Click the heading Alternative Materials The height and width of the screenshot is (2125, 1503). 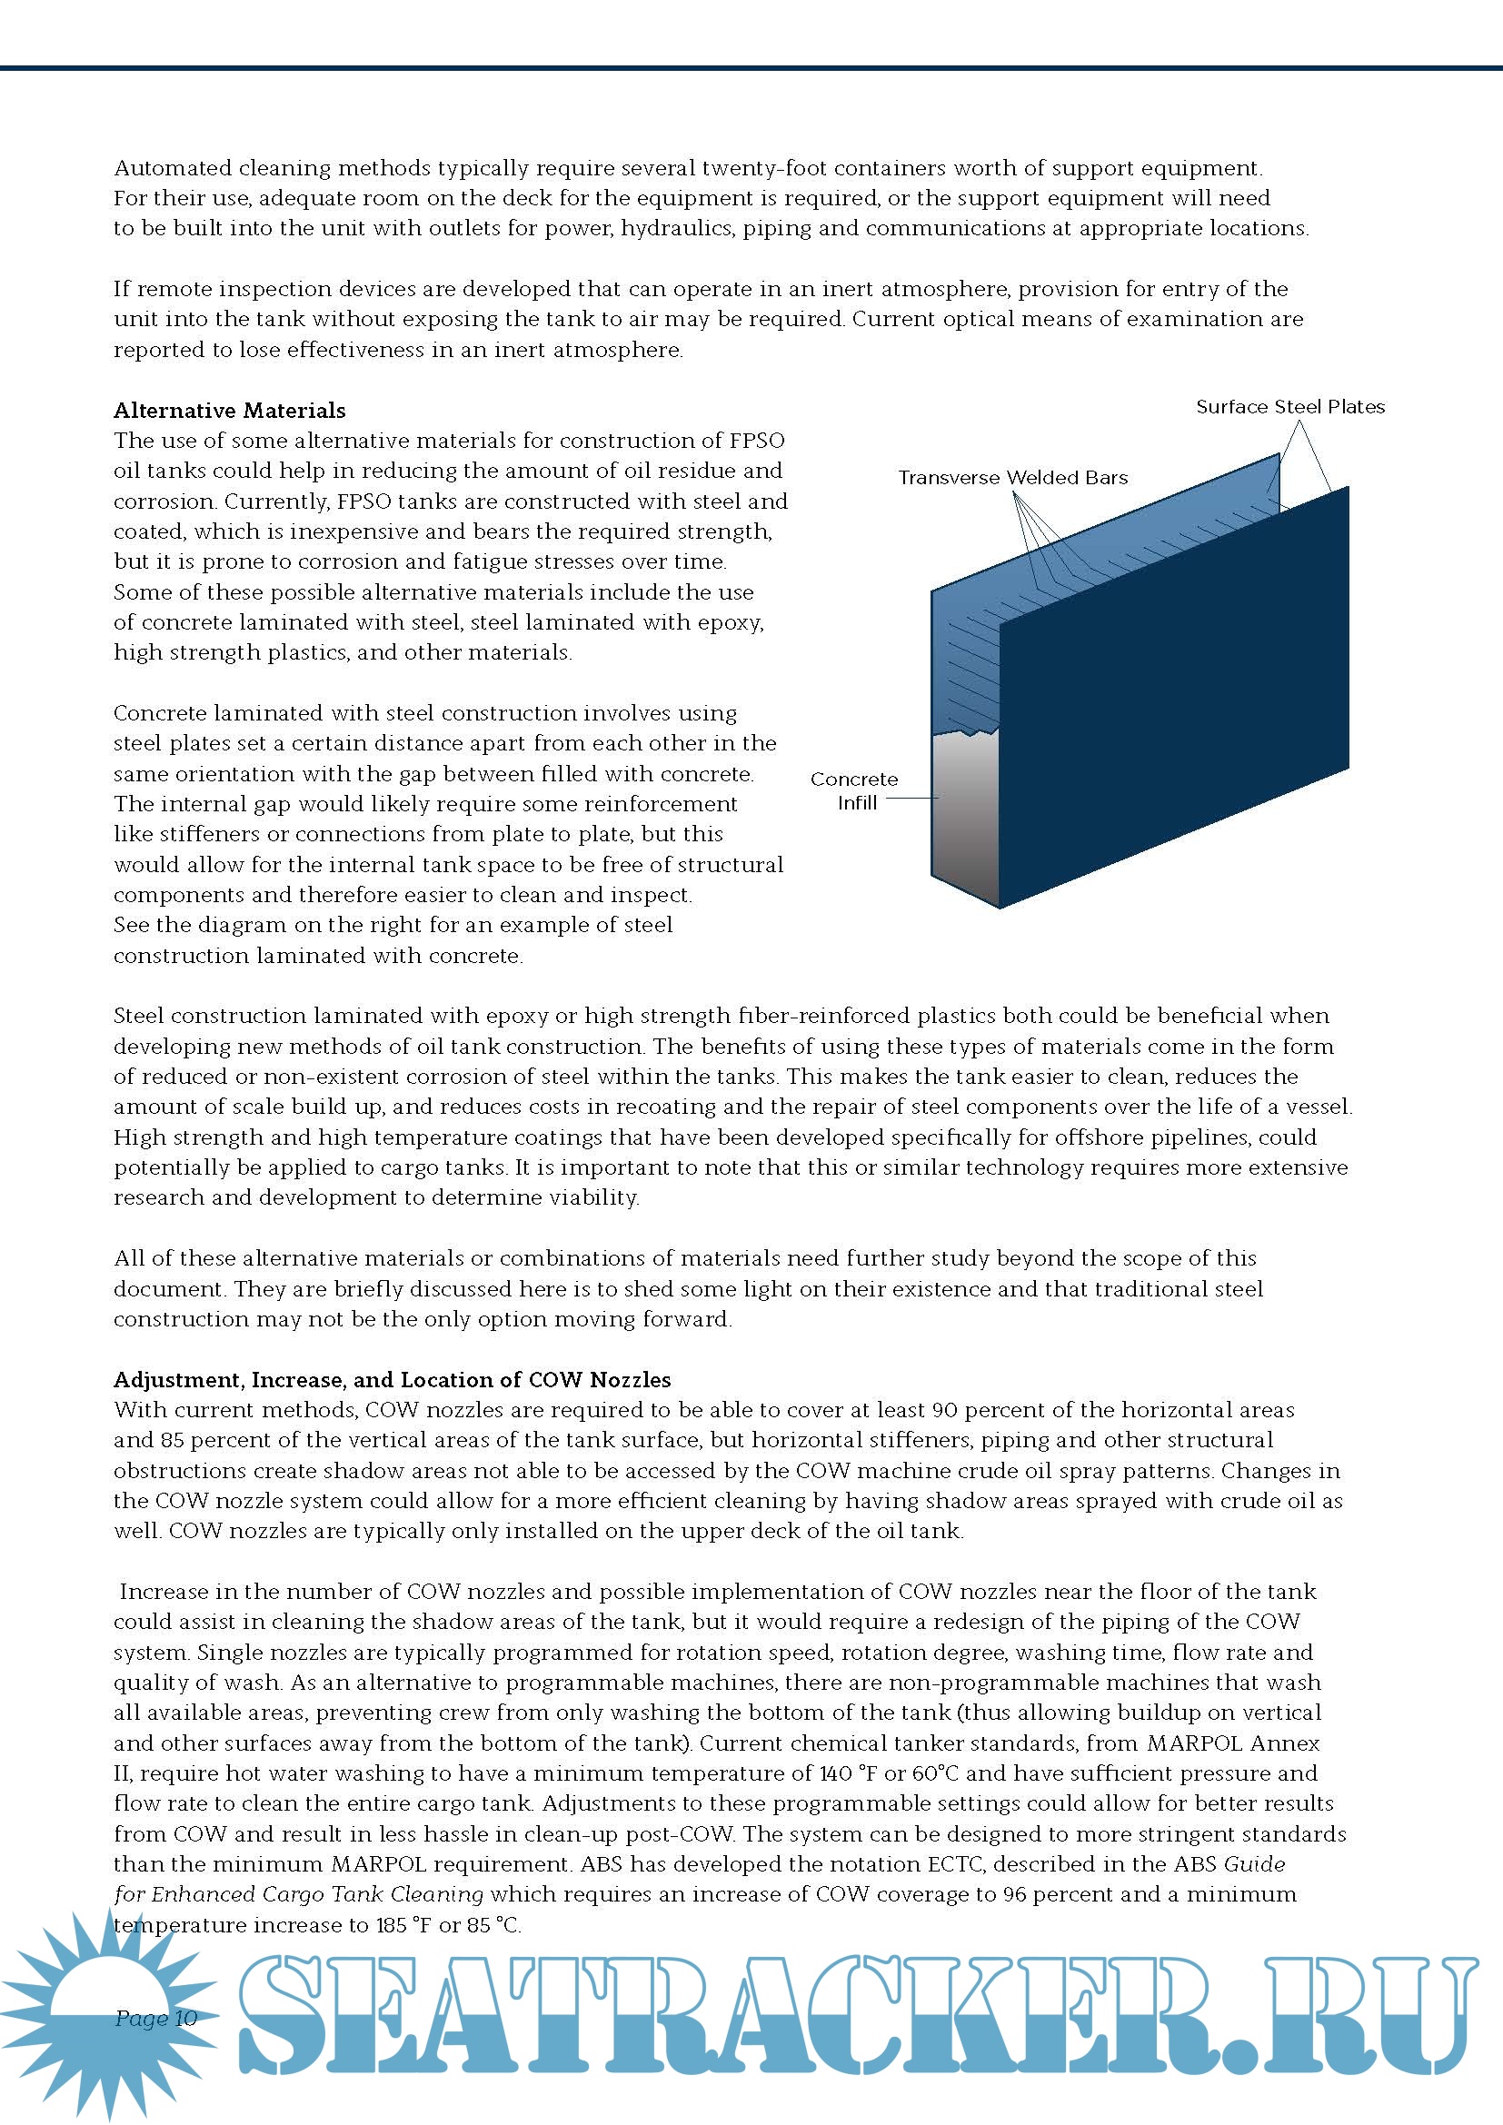(230, 410)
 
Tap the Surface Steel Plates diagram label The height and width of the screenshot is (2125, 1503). (1289, 407)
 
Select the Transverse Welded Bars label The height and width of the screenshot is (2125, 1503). (1012, 478)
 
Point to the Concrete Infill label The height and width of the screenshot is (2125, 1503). (854, 790)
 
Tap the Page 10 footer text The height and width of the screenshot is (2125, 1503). (156, 2018)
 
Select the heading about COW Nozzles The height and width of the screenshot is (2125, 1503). (392, 1379)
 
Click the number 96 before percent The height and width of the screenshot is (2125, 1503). (1014, 1893)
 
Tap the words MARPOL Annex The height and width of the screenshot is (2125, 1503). (1233, 1743)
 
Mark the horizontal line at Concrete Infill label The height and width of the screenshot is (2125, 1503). (912, 798)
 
